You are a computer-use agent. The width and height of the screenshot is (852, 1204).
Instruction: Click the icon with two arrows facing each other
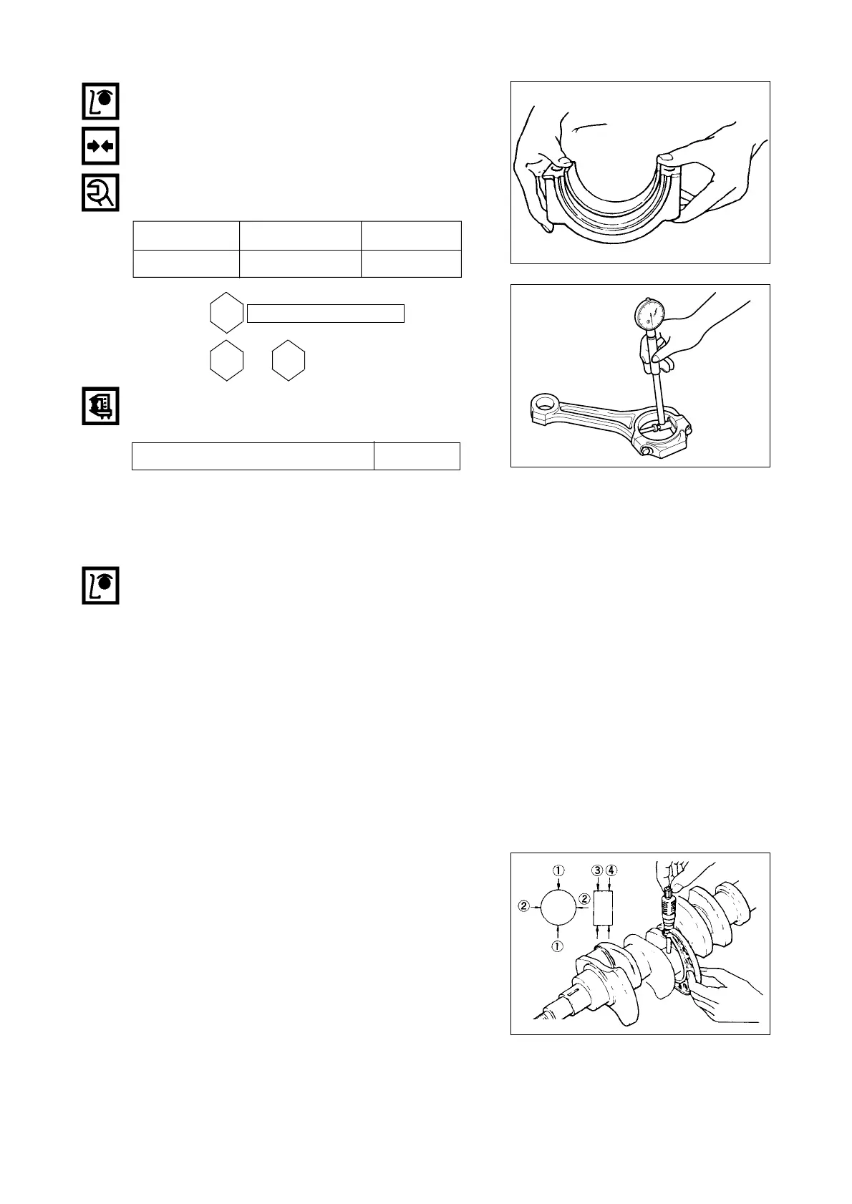tap(100, 146)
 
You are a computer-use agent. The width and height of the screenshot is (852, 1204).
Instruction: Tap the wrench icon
tap(100, 192)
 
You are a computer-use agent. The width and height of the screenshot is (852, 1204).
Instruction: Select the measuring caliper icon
tap(100, 407)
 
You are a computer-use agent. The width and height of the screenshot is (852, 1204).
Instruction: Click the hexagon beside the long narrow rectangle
tap(227, 313)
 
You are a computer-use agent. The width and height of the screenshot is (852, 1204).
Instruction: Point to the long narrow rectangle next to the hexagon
tap(326, 313)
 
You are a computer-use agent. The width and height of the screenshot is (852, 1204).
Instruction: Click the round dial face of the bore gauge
tap(650, 316)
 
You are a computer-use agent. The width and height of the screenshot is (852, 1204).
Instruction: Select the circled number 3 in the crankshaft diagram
tap(597, 870)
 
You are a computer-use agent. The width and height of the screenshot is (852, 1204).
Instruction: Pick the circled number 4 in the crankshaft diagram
tap(611, 870)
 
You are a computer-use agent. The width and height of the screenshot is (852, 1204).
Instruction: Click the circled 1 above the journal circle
tap(558, 870)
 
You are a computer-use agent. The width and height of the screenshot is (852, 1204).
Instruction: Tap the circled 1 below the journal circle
tap(558, 946)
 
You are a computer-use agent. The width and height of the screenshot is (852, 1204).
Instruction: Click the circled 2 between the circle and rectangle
tap(585, 898)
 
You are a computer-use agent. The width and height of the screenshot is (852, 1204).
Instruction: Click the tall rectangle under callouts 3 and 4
tap(603, 908)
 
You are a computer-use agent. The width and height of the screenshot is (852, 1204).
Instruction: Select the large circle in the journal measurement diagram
tap(559, 908)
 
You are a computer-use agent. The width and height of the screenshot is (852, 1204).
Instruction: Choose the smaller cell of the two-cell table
tap(417, 456)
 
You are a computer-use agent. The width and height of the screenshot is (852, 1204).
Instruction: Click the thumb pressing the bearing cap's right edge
tap(673, 159)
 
